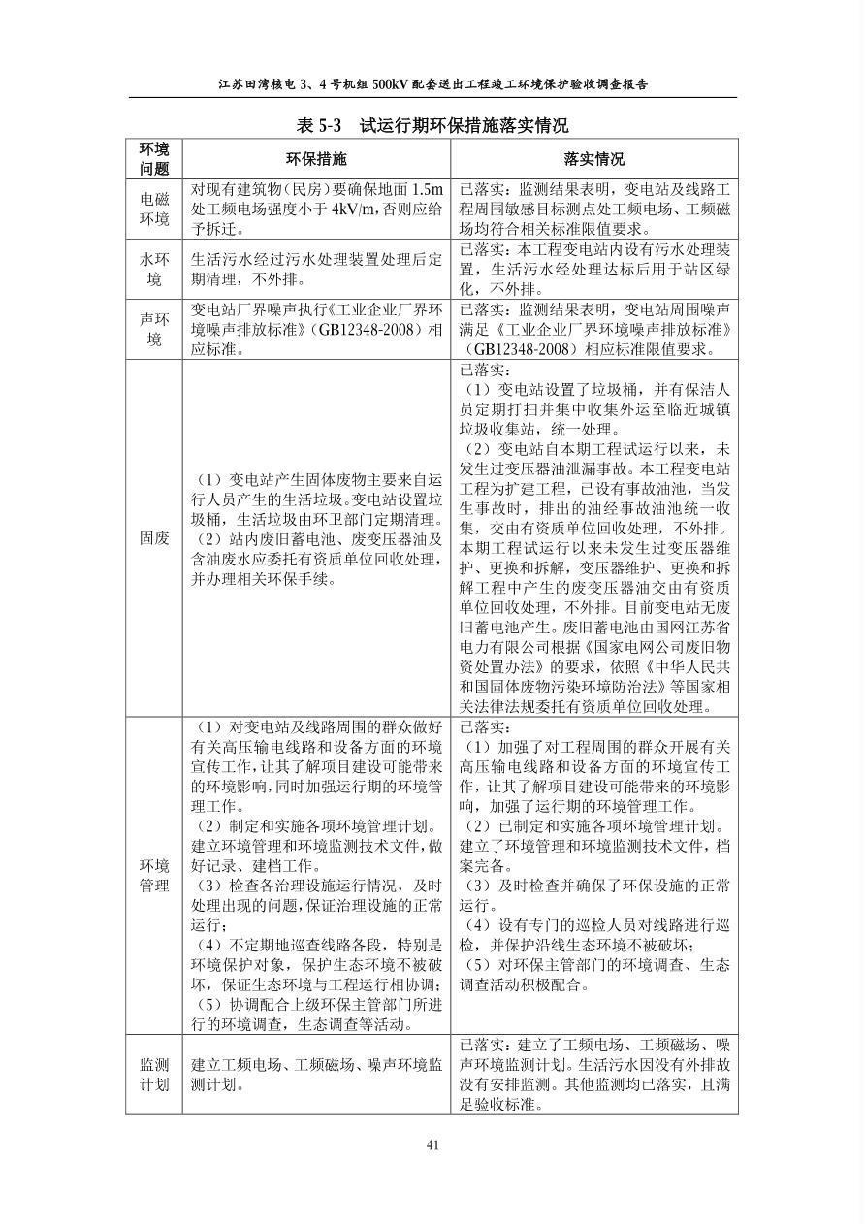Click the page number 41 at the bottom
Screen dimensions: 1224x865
[432, 1144]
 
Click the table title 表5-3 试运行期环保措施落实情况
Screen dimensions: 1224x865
[432, 125]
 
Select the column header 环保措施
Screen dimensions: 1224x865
[315, 159]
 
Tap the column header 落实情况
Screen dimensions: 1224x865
[593, 159]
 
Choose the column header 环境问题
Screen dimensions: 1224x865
[154, 159]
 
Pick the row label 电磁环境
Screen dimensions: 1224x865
[154, 209]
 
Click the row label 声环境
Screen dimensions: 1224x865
[154, 330]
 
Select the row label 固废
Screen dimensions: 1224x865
[154, 538]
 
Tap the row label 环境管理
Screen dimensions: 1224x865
[154, 876]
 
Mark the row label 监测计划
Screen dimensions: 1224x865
[154, 1075]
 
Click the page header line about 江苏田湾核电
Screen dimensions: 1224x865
[432, 84]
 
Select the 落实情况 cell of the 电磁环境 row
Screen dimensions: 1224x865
[593, 209]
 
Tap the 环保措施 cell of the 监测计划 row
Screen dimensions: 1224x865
[315, 1075]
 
